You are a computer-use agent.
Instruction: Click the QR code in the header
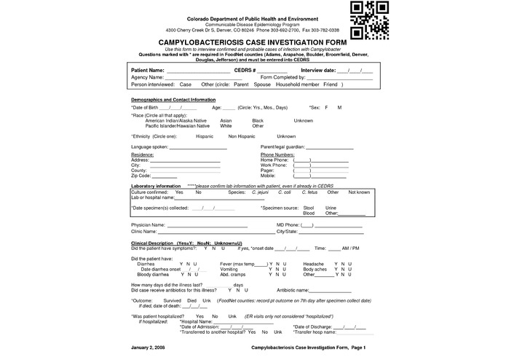(x=371, y=20)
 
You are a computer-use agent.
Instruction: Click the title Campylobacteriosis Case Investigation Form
(x=252, y=43)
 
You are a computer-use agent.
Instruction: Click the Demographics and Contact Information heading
(x=173, y=99)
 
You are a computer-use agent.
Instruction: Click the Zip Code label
(x=141, y=176)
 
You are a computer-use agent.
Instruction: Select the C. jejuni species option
(x=260, y=192)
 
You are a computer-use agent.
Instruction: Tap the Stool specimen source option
(x=308, y=208)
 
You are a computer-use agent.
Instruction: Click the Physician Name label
(x=148, y=225)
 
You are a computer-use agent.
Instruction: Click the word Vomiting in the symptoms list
(x=229, y=269)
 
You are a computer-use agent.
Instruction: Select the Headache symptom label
(x=313, y=263)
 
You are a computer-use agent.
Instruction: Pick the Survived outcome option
(x=172, y=300)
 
